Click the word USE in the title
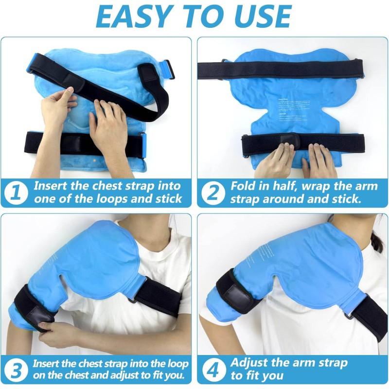tap(258, 17)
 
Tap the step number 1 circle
tap(17, 192)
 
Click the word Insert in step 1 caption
tap(51, 186)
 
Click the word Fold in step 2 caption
tap(243, 186)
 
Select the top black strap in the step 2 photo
tap(292, 68)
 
